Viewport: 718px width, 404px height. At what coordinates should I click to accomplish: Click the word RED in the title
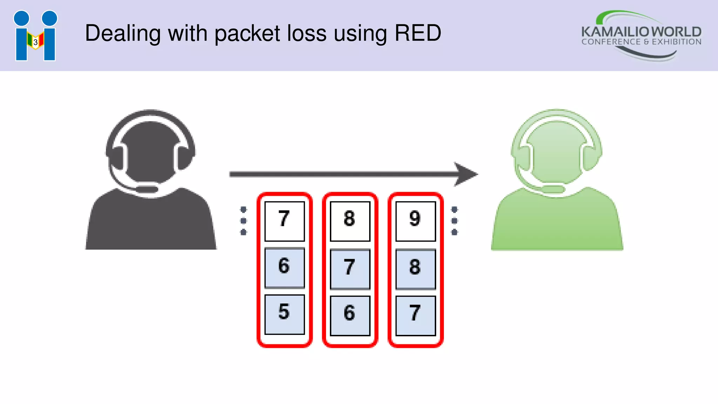point(418,33)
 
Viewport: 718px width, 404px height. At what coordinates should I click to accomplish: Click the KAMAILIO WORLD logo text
point(641,32)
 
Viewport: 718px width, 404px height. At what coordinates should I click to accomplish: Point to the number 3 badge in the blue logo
point(35,42)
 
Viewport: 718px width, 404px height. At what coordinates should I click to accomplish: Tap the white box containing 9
point(415,221)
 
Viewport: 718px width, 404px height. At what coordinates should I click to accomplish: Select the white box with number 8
point(350,221)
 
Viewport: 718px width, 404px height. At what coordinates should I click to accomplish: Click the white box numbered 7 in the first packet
point(284,221)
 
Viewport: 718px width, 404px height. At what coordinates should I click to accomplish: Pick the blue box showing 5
point(284,314)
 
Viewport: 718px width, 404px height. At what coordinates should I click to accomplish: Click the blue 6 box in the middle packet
point(350,315)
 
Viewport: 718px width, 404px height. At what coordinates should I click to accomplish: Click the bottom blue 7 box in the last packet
point(415,315)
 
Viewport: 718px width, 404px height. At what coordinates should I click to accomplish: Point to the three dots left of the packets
point(243,221)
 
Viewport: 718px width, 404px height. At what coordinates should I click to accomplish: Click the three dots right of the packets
point(454,221)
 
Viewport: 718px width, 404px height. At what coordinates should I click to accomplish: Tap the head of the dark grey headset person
point(151,151)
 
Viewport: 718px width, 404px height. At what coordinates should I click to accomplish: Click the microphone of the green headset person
point(553,190)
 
